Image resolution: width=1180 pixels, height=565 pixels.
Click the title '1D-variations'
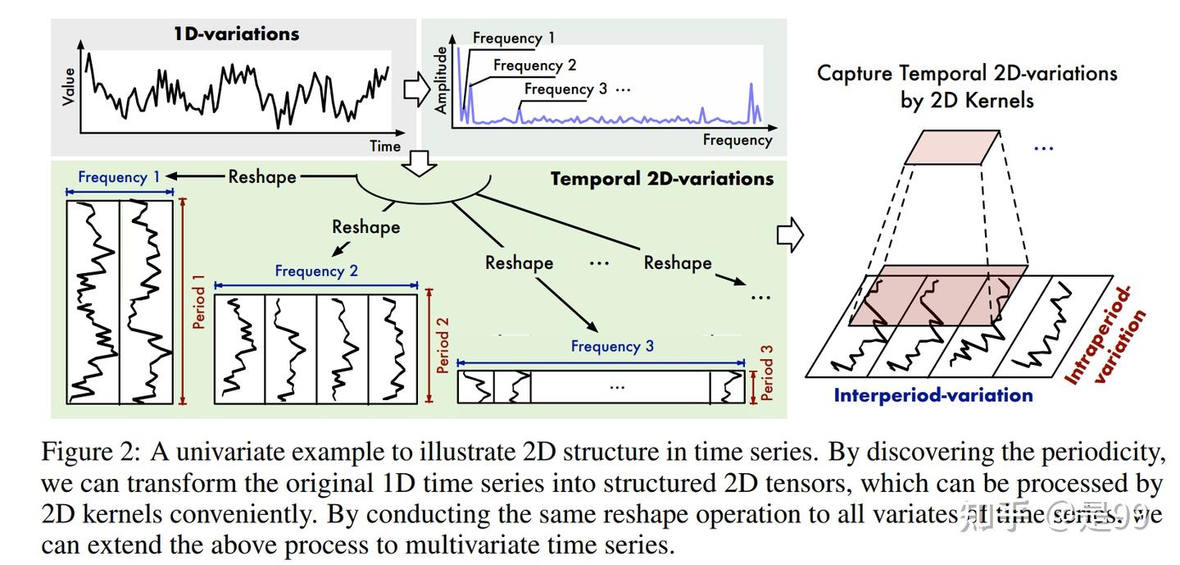pyautogui.click(x=236, y=34)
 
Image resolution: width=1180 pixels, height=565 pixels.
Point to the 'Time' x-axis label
pyautogui.click(x=385, y=146)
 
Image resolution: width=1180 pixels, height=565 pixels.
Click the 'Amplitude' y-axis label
pyautogui.click(x=441, y=80)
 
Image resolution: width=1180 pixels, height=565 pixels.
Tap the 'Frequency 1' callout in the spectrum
pyautogui.click(x=513, y=38)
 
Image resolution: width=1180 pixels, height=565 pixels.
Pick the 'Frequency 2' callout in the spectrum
pyautogui.click(x=534, y=65)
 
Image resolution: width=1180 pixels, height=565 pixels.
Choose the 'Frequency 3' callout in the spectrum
pyautogui.click(x=566, y=89)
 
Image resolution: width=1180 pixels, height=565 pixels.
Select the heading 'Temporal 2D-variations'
pyautogui.click(x=661, y=178)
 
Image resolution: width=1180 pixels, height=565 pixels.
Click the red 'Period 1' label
pyautogui.click(x=198, y=302)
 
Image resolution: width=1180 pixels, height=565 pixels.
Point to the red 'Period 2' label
pyautogui.click(x=443, y=345)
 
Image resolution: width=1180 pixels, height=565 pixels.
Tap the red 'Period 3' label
pyautogui.click(x=766, y=372)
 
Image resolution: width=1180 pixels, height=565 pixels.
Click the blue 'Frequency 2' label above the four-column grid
pyautogui.click(x=316, y=271)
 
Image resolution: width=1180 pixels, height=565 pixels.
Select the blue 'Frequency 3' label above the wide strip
pyautogui.click(x=612, y=346)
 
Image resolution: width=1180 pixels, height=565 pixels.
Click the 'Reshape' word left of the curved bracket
pyautogui.click(x=262, y=176)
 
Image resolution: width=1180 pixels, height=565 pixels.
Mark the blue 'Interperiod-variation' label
pyautogui.click(x=933, y=395)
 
